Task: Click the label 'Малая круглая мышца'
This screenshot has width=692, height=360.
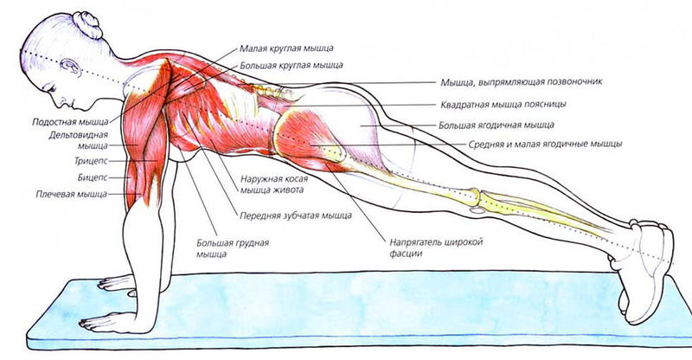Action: point(286,48)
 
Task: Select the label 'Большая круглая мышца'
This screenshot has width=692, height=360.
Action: point(292,66)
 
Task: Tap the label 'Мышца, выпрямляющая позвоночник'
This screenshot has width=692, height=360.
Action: point(522,82)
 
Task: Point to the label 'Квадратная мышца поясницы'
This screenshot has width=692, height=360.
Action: point(503,105)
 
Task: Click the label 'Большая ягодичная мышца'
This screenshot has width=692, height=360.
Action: point(497,125)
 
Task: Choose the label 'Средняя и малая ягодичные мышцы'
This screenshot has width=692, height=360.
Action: point(546,144)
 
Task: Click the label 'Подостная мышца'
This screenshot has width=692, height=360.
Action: point(70,122)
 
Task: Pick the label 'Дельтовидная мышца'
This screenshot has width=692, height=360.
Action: point(79,140)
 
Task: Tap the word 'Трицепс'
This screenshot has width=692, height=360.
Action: point(91,161)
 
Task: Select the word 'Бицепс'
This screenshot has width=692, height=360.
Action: point(93,177)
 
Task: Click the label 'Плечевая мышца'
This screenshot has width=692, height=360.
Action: point(72,194)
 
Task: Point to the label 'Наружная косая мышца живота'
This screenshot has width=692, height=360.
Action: point(274,184)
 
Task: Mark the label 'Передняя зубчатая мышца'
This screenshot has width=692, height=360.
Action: point(296,215)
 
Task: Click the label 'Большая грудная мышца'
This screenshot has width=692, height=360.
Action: point(233,248)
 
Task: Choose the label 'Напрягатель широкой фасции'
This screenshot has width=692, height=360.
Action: point(436,247)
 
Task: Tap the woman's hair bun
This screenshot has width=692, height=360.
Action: point(88,24)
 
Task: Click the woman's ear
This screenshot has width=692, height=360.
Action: point(70,67)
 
